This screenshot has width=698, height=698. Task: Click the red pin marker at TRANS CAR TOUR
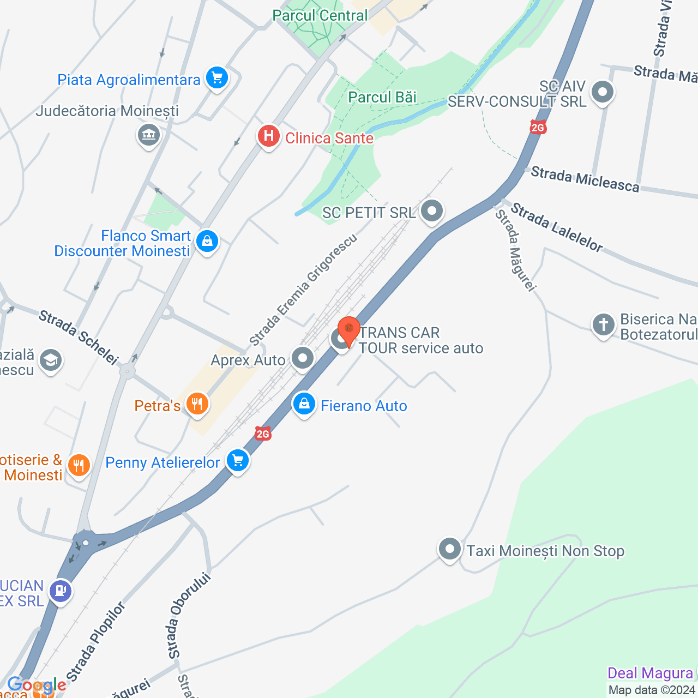(x=348, y=330)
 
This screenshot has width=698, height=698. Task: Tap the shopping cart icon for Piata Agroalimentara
(x=217, y=79)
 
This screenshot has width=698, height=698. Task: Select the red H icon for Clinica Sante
(x=269, y=136)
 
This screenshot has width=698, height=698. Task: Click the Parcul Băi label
(x=382, y=97)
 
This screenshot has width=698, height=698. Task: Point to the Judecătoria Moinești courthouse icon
(x=148, y=134)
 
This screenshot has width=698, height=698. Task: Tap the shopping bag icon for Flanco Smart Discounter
(x=207, y=240)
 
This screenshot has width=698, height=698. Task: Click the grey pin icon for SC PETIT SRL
(x=432, y=210)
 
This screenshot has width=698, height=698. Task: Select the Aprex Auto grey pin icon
(x=303, y=358)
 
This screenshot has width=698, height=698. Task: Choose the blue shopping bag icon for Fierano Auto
(x=304, y=405)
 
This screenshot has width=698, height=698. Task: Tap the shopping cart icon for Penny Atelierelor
(x=238, y=461)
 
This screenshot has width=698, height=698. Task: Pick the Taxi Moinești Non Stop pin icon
(x=450, y=549)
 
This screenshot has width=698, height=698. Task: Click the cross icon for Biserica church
(x=604, y=325)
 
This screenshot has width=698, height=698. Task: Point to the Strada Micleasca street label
(x=585, y=179)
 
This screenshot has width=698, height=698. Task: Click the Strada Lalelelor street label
(x=557, y=227)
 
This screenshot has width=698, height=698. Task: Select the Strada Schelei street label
(x=79, y=337)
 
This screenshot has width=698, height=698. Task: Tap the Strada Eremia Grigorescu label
(x=303, y=290)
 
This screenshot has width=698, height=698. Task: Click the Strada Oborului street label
(x=189, y=615)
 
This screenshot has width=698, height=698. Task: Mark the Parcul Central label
(x=320, y=15)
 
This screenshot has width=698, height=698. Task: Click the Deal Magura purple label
(x=650, y=673)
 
